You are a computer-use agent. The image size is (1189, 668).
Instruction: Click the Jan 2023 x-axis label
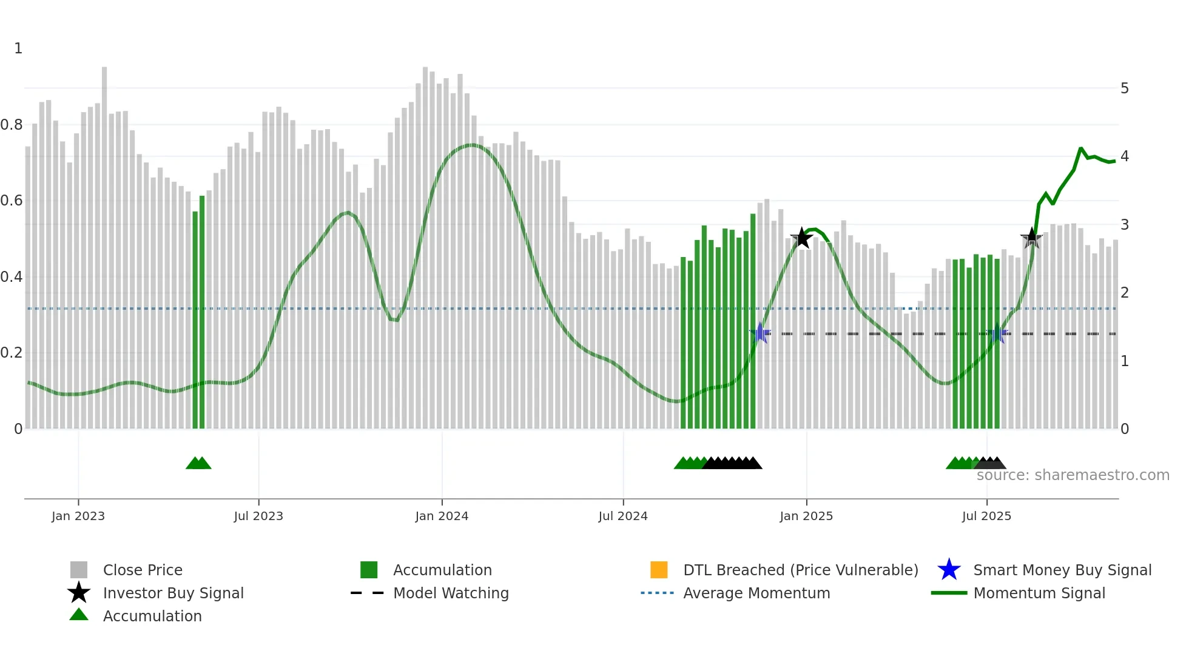[x=78, y=516]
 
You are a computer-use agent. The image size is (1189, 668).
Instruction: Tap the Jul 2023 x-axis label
[x=258, y=516]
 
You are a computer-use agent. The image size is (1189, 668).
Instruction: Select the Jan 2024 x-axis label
[x=442, y=516]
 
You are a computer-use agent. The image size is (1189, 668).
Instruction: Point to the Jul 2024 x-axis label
[x=623, y=516]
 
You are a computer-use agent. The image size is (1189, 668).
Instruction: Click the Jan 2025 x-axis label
[x=806, y=516]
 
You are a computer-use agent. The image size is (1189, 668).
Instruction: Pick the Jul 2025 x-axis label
[x=986, y=516]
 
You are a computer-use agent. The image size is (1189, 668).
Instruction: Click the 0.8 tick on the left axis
[x=12, y=125]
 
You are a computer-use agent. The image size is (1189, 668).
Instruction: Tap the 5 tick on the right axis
[x=1125, y=89]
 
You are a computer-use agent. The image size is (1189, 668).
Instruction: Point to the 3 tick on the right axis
[x=1125, y=225]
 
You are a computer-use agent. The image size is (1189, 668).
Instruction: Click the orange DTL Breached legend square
[x=659, y=570]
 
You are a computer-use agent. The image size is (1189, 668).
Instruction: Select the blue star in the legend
[x=949, y=570]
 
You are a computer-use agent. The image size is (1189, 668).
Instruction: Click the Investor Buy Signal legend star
[x=79, y=593]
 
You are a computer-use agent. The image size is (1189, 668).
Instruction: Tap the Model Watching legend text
[x=451, y=593]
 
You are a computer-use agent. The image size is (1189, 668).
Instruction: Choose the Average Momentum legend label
[x=756, y=593]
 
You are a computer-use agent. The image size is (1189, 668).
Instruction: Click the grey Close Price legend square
[x=79, y=570]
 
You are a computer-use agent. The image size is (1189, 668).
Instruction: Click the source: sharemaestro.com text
[x=1073, y=475]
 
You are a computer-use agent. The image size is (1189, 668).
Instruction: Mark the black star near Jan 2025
[x=802, y=238]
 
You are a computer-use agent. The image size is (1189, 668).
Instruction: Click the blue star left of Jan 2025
[x=760, y=333]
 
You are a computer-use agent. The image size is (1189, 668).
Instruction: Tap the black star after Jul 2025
[x=1031, y=239]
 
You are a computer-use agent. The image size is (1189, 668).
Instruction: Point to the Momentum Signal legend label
[x=1039, y=593]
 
